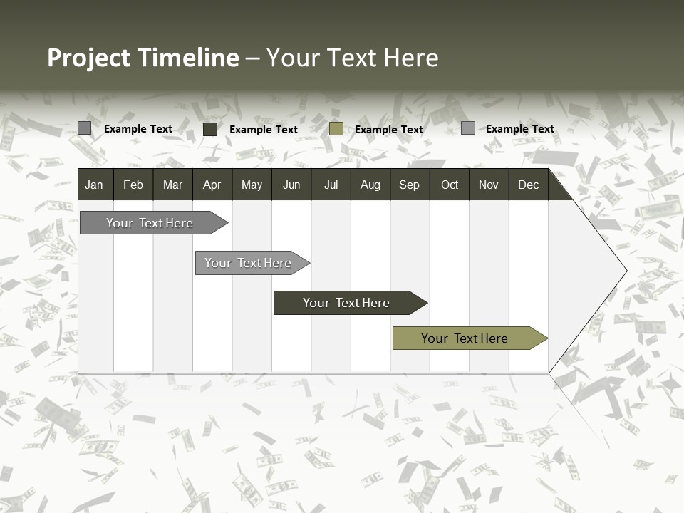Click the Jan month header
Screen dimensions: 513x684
pos(94,185)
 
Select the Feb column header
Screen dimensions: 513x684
pos(133,185)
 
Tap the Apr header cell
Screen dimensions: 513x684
pos(212,185)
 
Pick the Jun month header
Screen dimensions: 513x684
pos(291,185)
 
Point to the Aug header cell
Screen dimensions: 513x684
pos(370,185)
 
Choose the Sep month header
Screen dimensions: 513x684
pos(409,185)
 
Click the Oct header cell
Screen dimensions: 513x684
pos(450,185)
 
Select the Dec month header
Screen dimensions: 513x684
pos(528,185)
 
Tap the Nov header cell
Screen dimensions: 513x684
pos(489,185)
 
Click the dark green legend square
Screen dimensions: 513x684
pos(210,129)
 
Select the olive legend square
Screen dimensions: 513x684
pos(336,129)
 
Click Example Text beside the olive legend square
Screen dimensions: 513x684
pos(389,130)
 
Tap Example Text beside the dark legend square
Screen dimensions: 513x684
pos(264,130)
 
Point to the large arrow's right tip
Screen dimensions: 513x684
pos(625,271)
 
